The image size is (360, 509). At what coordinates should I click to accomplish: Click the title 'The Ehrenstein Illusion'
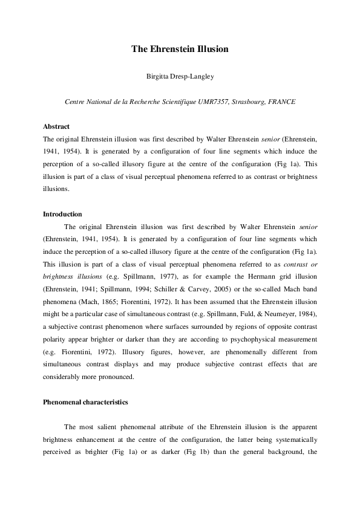click(180, 48)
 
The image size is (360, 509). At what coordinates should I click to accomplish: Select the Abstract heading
click(56, 127)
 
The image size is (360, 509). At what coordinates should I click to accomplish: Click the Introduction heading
click(63, 214)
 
